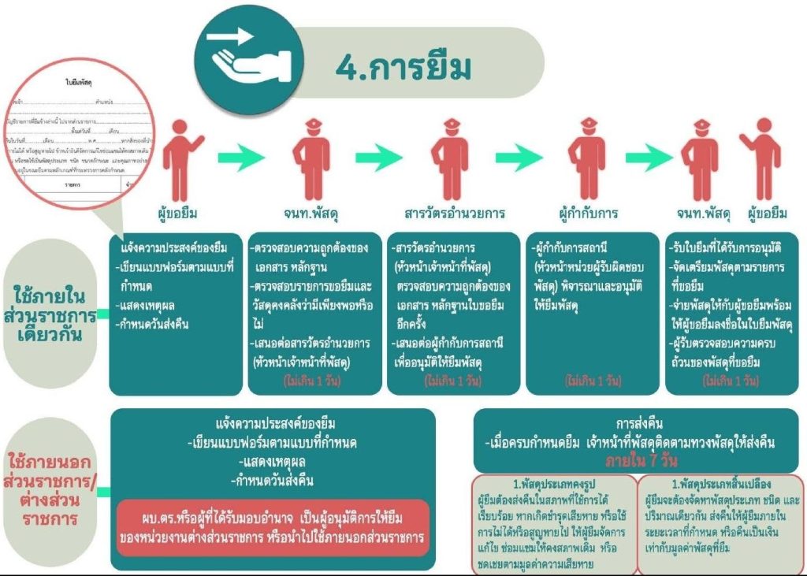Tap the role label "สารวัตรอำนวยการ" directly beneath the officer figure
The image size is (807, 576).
pos(455,214)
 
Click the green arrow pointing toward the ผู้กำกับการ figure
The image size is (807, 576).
pos(519,157)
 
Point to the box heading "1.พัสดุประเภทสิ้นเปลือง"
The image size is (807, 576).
pos(720,484)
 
